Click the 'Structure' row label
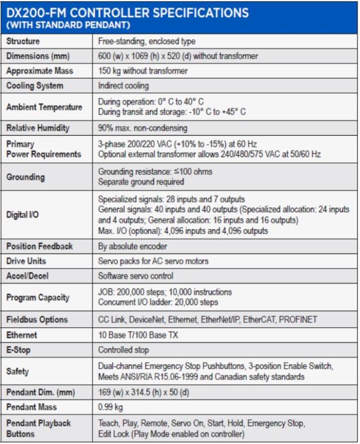(23, 41)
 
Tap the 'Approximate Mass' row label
(39, 71)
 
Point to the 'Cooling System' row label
(34, 86)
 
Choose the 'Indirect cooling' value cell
(123, 86)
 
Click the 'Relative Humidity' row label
(38, 128)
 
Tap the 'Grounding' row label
(25, 177)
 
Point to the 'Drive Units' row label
(26, 261)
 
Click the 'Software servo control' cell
(136, 276)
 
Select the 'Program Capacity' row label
(38, 297)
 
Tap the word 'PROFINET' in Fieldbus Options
(297, 319)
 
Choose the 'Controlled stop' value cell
(124, 350)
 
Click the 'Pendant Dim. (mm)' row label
(39, 392)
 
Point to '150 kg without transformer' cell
(143, 71)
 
